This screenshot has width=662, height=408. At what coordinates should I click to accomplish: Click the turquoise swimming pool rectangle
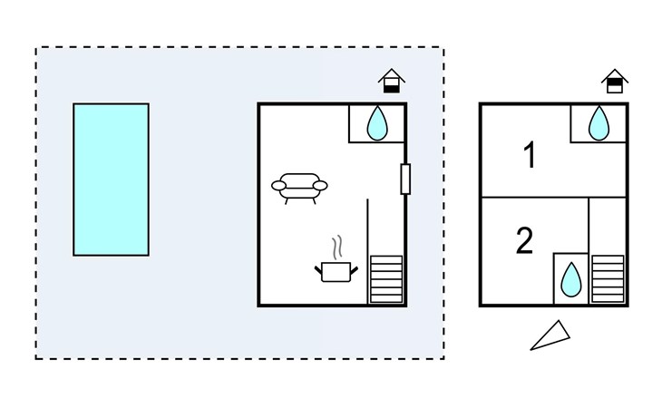coord(111,180)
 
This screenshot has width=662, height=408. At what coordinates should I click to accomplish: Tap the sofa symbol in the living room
coord(299,189)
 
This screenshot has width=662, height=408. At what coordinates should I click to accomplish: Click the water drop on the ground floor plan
coord(377,123)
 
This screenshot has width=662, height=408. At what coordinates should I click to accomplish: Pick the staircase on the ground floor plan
coord(386,279)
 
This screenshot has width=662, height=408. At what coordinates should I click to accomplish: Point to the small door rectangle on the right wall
coord(405,180)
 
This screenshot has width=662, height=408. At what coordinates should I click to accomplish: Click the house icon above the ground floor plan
coord(392,81)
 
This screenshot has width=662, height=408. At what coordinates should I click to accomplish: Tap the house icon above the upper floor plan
coord(615,81)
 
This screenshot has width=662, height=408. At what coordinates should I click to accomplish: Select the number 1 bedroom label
coord(530,155)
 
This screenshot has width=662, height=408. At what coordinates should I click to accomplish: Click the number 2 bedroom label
coord(525,240)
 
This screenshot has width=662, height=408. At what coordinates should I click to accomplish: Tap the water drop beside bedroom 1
coord(599,123)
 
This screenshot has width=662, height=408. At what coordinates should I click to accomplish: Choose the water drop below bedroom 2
coord(570,279)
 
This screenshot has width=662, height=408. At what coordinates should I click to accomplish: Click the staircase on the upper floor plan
coord(608,279)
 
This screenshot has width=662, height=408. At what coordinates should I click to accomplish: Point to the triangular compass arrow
coord(550,335)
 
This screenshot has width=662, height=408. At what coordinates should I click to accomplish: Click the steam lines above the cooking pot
coord(336,248)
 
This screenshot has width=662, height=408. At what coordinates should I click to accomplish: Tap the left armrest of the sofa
coord(278,185)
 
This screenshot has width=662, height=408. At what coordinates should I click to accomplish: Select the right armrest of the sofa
coord(320,185)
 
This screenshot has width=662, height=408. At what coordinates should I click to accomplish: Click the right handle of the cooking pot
coord(354,271)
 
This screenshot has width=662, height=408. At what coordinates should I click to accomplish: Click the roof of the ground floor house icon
coord(392,75)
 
